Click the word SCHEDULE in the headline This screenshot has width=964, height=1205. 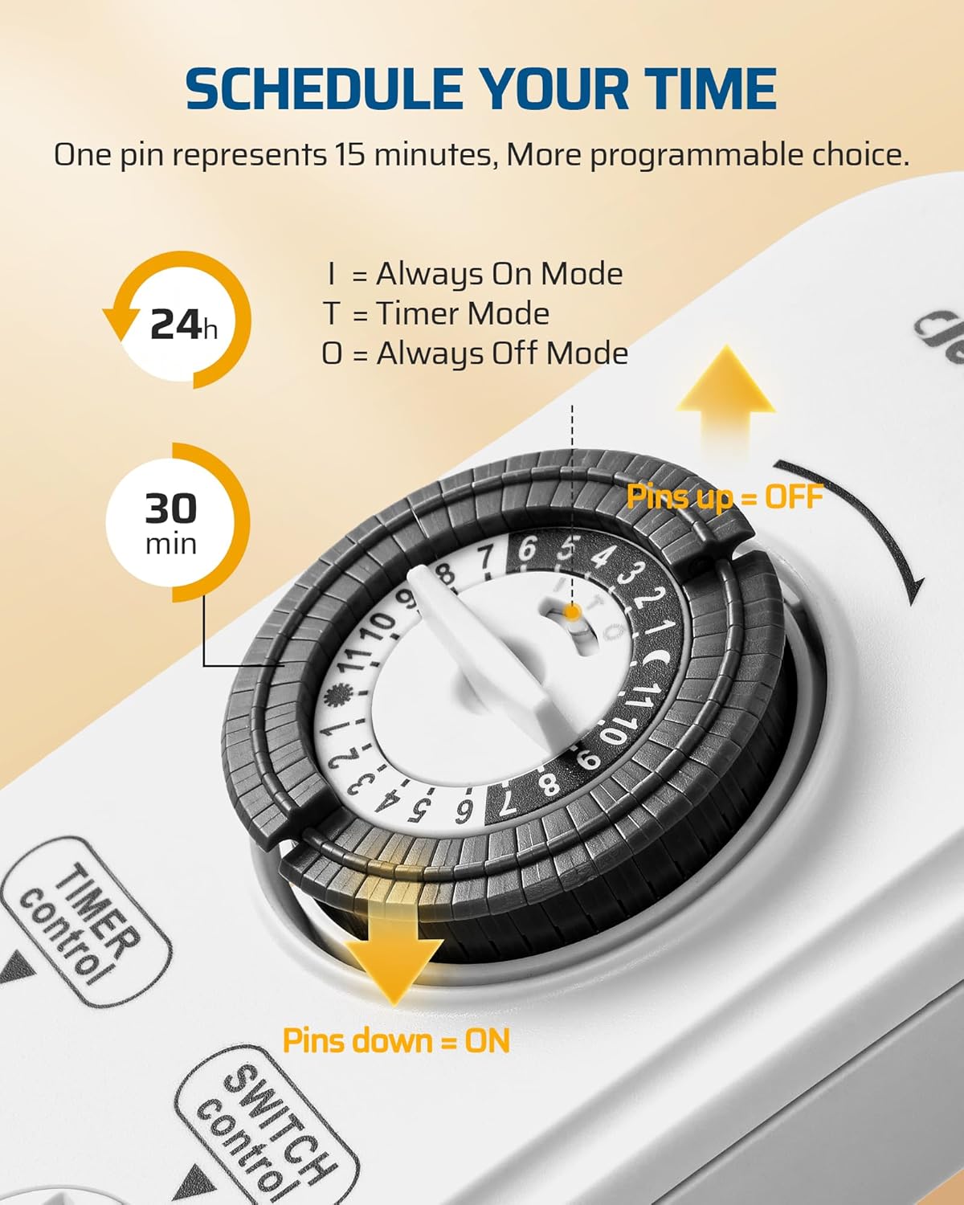[x=324, y=88]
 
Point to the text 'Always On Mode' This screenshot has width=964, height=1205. [x=499, y=275]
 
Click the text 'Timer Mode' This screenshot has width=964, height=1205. [x=463, y=313]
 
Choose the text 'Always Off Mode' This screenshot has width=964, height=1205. [x=502, y=353]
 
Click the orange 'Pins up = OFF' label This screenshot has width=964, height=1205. [x=725, y=496]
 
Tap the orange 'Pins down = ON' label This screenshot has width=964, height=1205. [x=396, y=1041]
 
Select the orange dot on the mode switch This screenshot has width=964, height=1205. [x=572, y=612]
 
